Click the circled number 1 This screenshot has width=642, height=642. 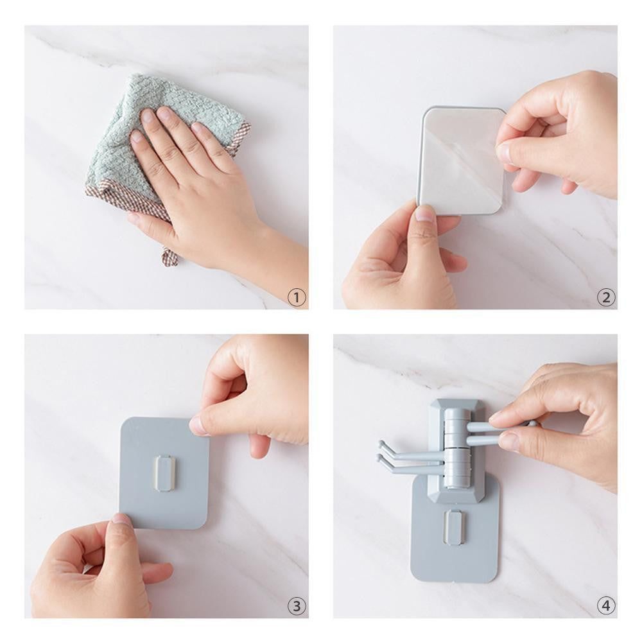tap(297, 297)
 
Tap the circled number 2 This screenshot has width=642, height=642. tap(605, 297)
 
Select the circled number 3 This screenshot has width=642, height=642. tap(297, 605)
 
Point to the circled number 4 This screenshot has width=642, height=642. tap(605, 605)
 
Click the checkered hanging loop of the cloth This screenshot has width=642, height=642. tap(169, 256)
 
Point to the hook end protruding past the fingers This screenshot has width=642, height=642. tap(532, 424)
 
